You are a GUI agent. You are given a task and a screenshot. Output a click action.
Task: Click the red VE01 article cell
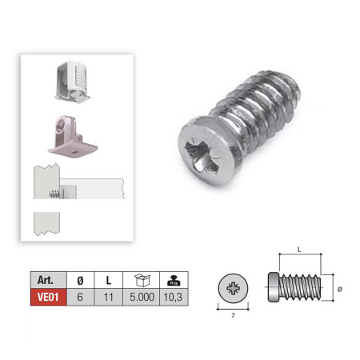(x=49, y=297)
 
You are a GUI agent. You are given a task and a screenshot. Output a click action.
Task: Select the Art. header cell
(x=49, y=280)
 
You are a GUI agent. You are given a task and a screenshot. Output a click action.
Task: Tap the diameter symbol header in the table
(x=80, y=280)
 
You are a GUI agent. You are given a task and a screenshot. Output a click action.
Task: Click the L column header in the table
(x=109, y=280)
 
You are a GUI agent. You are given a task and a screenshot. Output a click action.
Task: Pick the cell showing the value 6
(x=80, y=297)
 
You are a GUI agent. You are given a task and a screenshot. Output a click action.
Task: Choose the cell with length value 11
(x=109, y=297)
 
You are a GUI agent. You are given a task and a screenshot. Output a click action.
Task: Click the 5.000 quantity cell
(x=142, y=297)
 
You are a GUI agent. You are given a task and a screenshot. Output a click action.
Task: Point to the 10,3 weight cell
(x=174, y=297)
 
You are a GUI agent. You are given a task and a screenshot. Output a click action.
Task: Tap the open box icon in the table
(x=142, y=280)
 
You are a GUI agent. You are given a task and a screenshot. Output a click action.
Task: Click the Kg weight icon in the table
(x=174, y=281)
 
